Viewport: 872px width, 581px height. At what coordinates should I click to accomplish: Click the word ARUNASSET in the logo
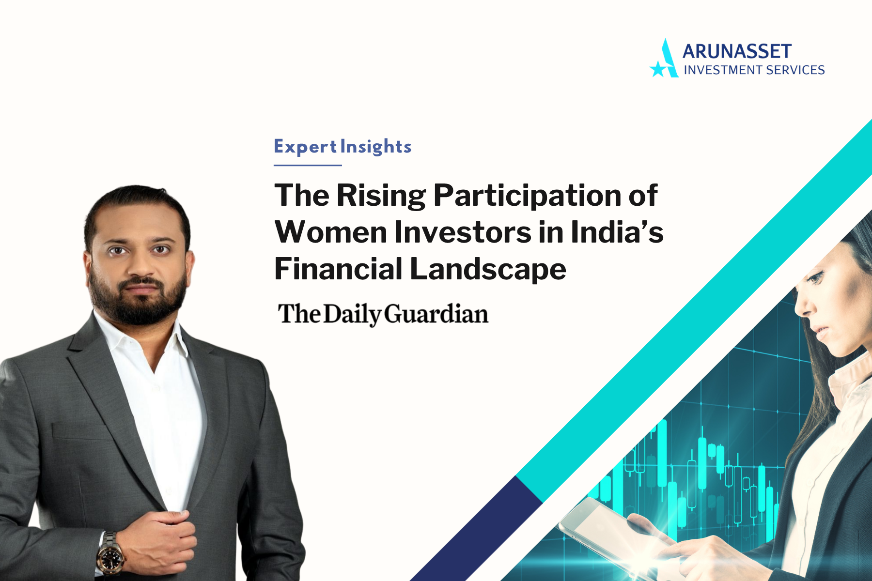(x=737, y=51)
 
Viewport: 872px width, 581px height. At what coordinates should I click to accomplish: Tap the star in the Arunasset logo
(x=658, y=69)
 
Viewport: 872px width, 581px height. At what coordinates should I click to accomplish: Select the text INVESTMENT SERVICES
(x=754, y=70)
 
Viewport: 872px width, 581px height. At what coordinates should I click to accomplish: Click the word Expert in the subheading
(x=305, y=147)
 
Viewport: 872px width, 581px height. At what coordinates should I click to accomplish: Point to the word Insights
(x=376, y=147)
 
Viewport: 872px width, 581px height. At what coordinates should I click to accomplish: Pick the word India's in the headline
(x=617, y=232)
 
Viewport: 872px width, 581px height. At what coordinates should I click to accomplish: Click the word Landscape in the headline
(x=488, y=269)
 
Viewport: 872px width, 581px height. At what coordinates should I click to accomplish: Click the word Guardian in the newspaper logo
(x=436, y=315)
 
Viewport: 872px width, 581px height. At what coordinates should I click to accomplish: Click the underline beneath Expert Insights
(x=308, y=165)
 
